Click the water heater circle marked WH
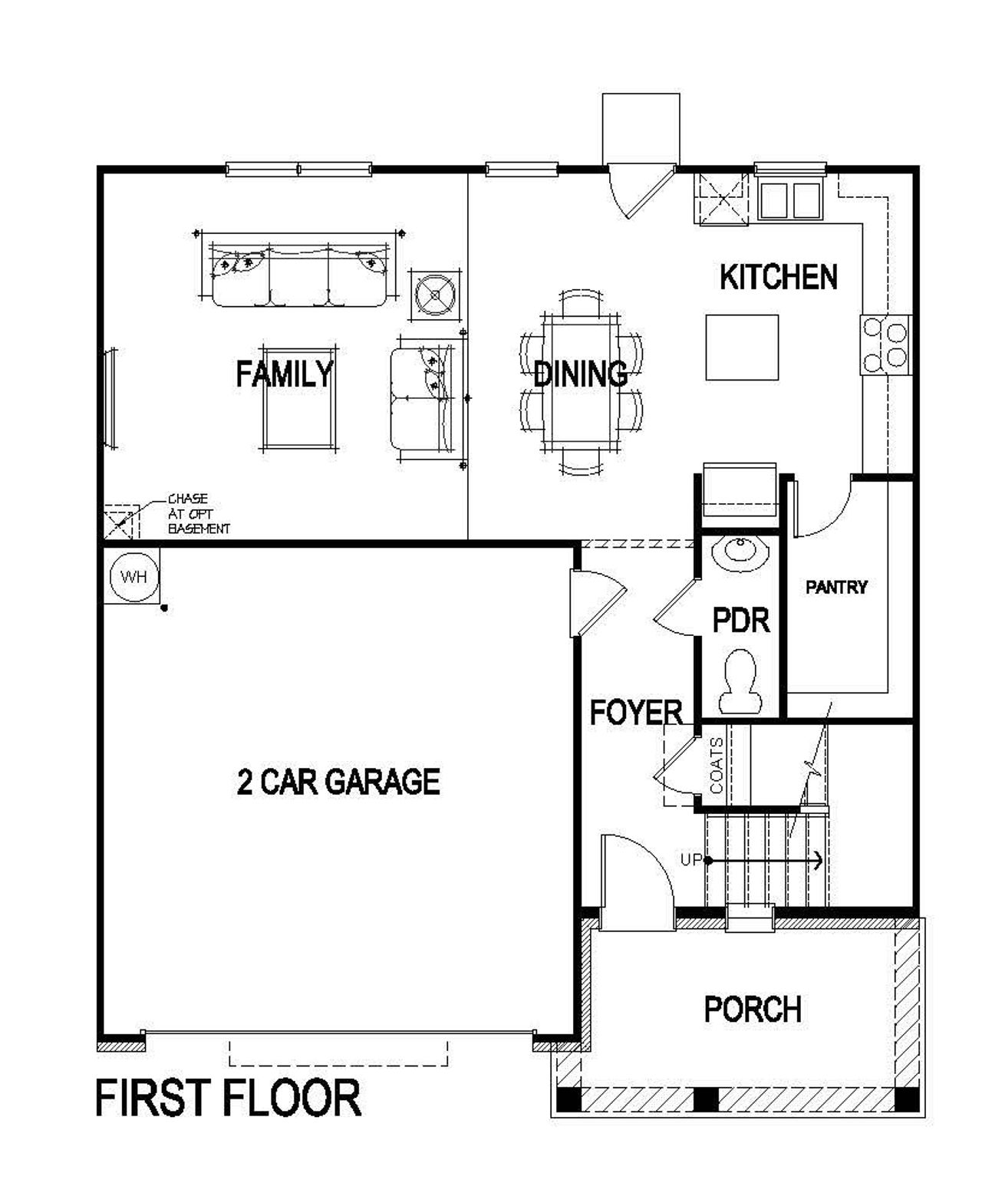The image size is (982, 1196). pyautogui.click(x=133, y=577)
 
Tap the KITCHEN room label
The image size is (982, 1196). pyautogui.click(x=778, y=277)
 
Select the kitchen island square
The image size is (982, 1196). pyautogui.click(x=742, y=348)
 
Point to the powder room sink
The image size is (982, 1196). pyautogui.click(x=740, y=553)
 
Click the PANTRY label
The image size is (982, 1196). pyautogui.click(x=836, y=587)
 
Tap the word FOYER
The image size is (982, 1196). pyautogui.click(x=636, y=713)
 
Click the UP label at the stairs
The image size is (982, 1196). pyautogui.click(x=690, y=860)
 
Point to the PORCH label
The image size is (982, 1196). pyautogui.click(x=753, y=1009)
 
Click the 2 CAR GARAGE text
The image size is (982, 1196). pyautogui.click(x=338, y=782)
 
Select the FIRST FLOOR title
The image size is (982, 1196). pyautogui.click(x=228, y=1098)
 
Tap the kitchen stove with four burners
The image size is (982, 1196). pyautogui.click(x=885, y=344)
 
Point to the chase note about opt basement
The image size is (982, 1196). pyautogui.click(x=198, y=514)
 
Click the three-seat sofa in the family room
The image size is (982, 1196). pyautogui.click(x=299, y=275)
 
